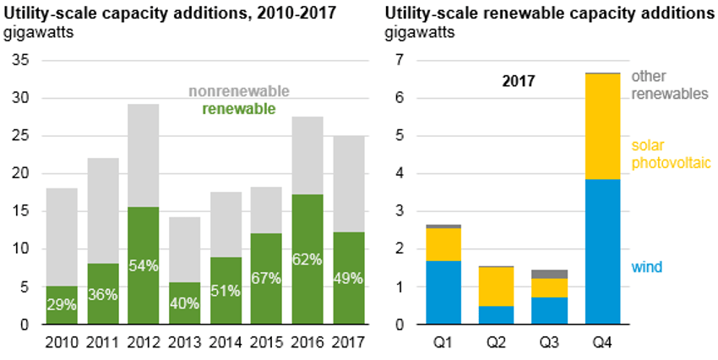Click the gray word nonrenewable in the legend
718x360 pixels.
coord(239,91)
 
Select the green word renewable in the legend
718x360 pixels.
coord(239,107)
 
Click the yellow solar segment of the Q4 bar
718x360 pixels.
coord(602,127)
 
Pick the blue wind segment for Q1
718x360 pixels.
coord(443,292)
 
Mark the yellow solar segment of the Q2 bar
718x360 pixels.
coord(496,286)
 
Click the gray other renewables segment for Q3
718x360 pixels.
coord(549,274)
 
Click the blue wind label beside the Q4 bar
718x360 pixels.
coord(648,267)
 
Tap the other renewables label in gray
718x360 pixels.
coord(668,85)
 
